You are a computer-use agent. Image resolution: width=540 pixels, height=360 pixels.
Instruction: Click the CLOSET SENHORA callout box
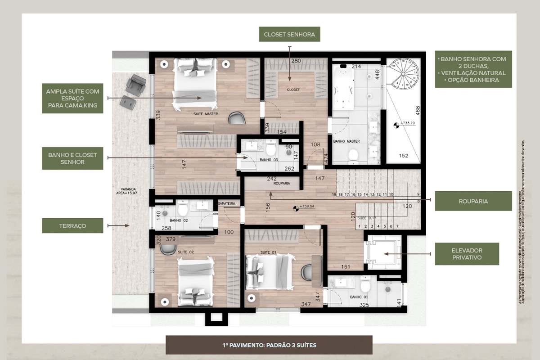[x=289, y=34]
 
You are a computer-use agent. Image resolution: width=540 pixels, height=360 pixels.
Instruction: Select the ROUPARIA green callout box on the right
[x=473, y=201]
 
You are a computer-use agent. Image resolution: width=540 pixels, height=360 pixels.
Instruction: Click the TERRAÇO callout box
[x=72, y=225]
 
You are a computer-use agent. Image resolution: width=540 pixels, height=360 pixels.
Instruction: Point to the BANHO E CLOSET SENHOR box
[x=72, y=158]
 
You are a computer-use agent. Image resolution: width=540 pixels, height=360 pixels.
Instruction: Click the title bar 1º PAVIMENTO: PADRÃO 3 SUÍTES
[x=269, y=345]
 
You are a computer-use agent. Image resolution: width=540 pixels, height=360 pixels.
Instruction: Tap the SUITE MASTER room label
[x=205, y=114]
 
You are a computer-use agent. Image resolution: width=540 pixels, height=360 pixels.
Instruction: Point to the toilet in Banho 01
[x=364, y=285]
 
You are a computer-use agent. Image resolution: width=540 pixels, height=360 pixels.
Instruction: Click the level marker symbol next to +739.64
[x=296, y=208]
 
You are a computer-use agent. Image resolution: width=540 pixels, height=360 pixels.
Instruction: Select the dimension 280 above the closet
[x=296, y=61]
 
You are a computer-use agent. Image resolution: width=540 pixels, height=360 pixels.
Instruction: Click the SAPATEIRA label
[x=226, y=204]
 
